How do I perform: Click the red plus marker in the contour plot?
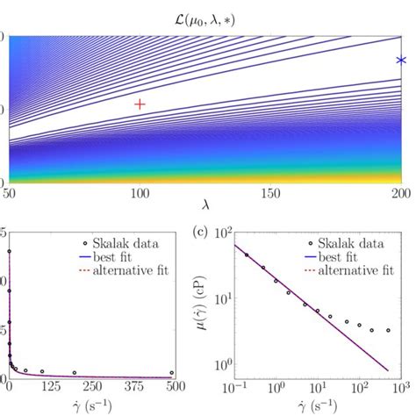140,104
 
